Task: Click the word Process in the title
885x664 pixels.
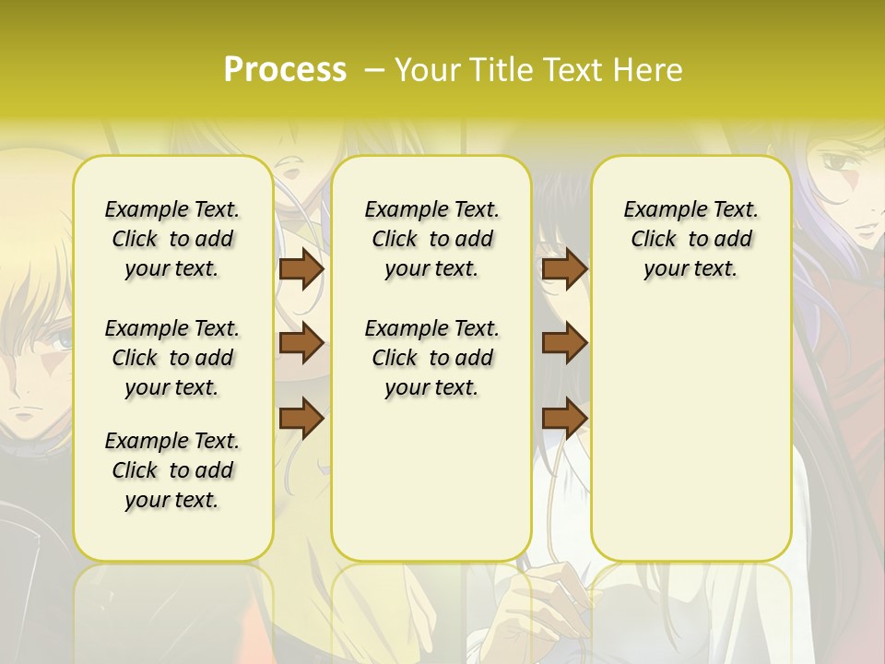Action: coord(285,70)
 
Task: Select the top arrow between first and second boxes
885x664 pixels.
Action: coord(301,269)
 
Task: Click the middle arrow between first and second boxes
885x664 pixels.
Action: coord(301,343)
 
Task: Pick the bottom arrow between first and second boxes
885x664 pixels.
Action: coord(301,418)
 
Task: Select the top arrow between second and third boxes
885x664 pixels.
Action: coord(564,269)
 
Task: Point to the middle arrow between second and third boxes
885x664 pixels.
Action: coord(564,343)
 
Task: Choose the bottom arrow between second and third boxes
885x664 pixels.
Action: coord(564,418)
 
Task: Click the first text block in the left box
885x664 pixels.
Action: coord(172,239)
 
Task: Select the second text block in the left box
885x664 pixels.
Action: coord(172,358)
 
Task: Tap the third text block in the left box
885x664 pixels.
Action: coord(172,470)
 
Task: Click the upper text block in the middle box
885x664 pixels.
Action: coord(431,239)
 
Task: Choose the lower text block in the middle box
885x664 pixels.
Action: coord(431,358)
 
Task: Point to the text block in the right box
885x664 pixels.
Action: coord(690,239)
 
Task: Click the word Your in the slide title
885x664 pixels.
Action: coord(428,70)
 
